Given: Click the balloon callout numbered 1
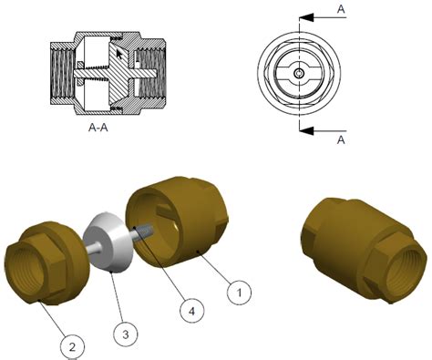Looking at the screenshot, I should click(x=238, y=293).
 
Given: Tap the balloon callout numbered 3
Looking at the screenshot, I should click(x=128, y=333).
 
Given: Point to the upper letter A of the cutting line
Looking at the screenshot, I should click(x=341, y=8).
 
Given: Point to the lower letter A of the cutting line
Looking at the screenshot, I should click(x=341, y=139).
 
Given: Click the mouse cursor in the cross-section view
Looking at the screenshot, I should click(x=118, y=57).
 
